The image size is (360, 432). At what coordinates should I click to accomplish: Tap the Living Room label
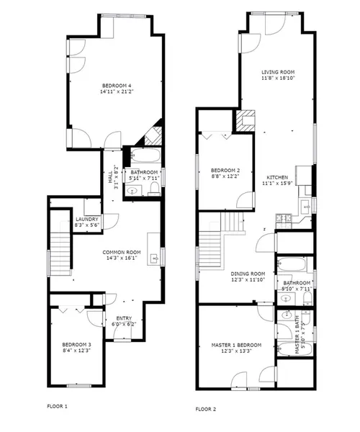[x=278, y=72]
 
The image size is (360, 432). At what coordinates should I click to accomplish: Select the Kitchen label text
[x=277, y=177]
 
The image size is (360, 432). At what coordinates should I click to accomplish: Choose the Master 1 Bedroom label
[x=236, y=346]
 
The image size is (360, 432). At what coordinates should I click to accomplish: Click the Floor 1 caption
[x=57, y=406]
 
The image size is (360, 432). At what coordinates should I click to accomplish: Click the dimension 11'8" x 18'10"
[x=278, y=78]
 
